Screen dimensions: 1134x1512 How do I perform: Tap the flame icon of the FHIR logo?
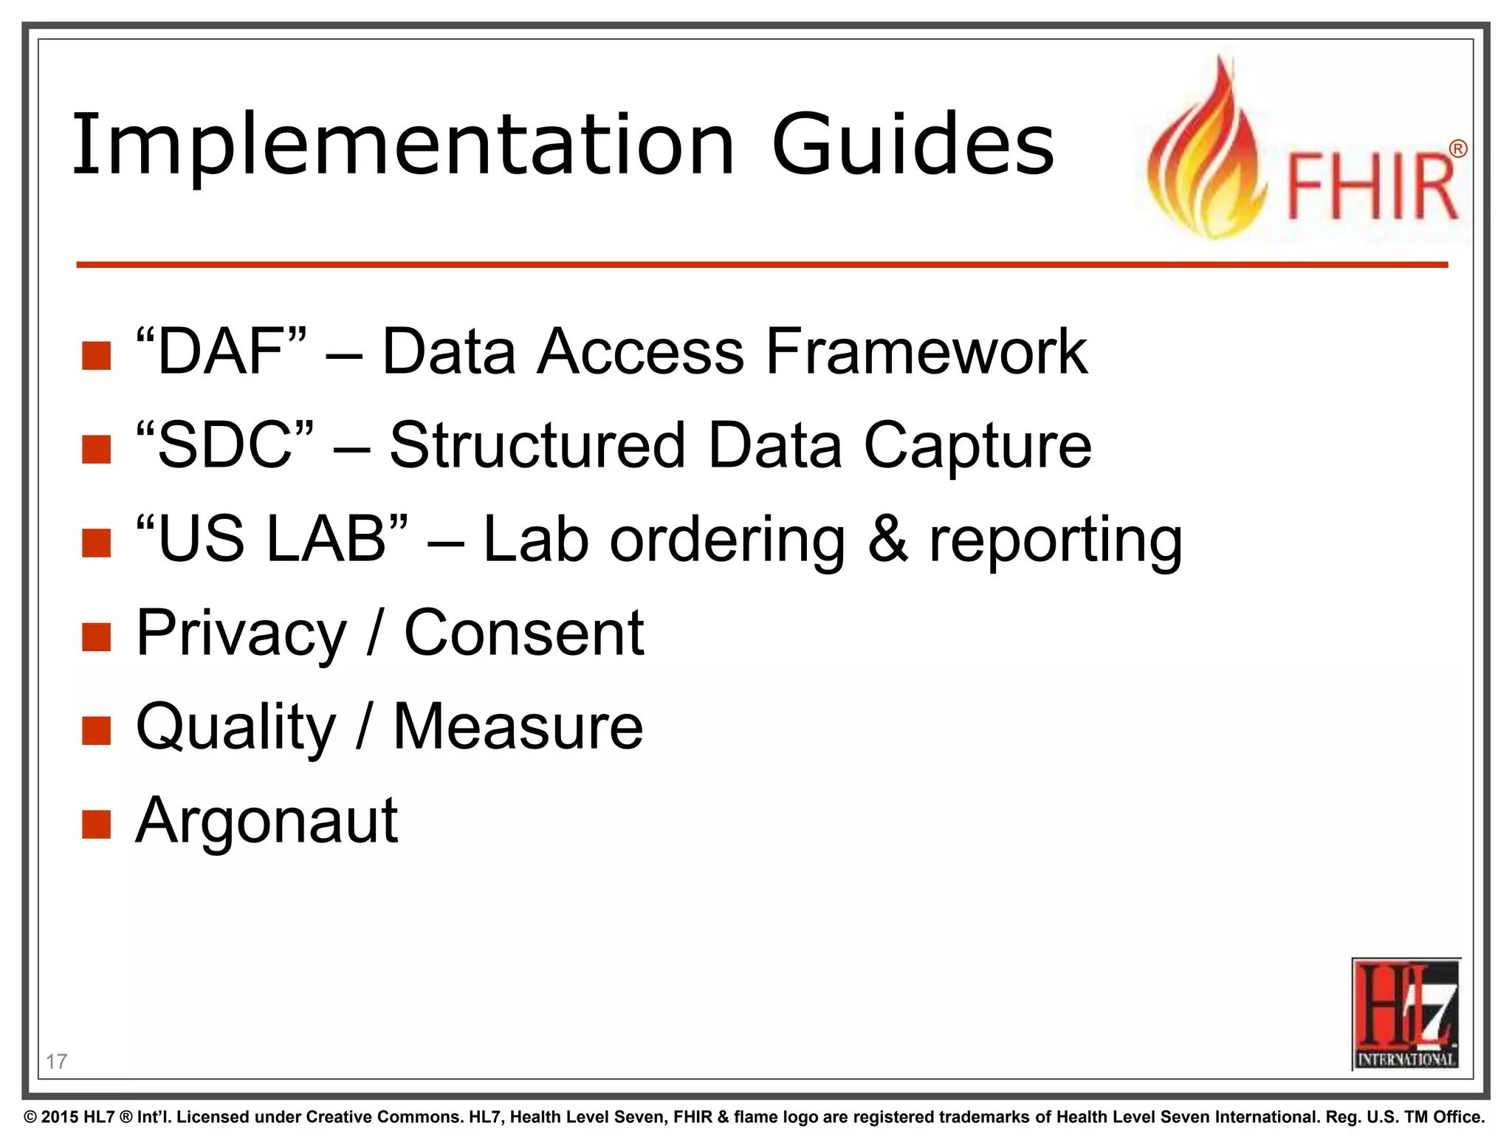[x=1204, y=155]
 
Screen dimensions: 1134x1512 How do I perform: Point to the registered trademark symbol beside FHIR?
[x=1457, y=149]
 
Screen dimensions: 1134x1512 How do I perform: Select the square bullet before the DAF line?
[x=97, y=355]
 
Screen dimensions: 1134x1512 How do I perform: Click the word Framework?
[x=926, y=351]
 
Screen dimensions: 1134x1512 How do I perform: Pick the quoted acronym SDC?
[x=224, y=445]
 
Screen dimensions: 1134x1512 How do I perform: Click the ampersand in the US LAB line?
[x=887, y=539]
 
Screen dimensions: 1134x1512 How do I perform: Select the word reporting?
[x=1055, y=540]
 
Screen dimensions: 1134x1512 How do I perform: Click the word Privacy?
[x=241, y=634]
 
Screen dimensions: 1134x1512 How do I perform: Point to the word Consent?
[x=523, y=633]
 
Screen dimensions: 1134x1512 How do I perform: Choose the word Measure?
[x=518, y=727]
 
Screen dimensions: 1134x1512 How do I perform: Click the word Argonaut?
[x=267, y=822]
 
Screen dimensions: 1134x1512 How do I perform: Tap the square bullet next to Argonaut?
[x=97, y=825]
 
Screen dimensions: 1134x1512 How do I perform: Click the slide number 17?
[x=56, y=1061]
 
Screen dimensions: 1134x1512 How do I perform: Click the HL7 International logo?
[x=1406, y=1014]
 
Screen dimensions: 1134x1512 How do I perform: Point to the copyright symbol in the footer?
[x=30, y=1117]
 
